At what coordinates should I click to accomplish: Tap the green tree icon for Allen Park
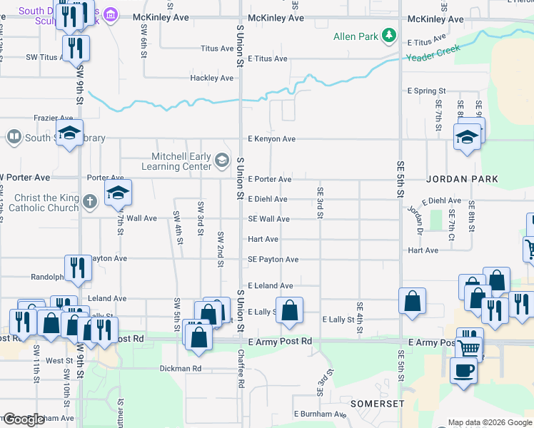tap(388, 34)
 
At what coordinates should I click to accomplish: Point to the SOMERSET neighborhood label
tap(377, 403)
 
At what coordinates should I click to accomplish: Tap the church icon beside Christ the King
tap(89, 200)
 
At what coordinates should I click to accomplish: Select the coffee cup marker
tap(463, 371)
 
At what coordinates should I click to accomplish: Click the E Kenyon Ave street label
tap(271, 139)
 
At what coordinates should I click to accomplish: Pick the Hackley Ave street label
tap(212, 78)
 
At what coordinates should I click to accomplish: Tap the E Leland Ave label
tap(271, 285)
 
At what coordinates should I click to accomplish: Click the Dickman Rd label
tap(181, 369)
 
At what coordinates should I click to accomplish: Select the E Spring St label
tap(426, 91)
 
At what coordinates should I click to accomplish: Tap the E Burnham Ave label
tap(320, 414)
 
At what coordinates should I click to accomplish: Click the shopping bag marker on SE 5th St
tap(412, 300)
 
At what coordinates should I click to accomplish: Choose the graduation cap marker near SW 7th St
tap(118, 193)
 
